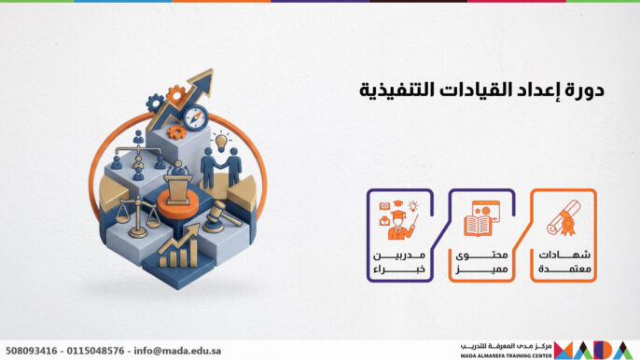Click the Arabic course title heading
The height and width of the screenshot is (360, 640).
[x=482, y=90]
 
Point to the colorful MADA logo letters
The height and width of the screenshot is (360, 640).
[x=598, y=350]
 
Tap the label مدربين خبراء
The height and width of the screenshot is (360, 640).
[x=397, y=261]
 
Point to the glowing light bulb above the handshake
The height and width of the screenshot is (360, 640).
[x=221, y=141]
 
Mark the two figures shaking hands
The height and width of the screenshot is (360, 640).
[x=221, y=166]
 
